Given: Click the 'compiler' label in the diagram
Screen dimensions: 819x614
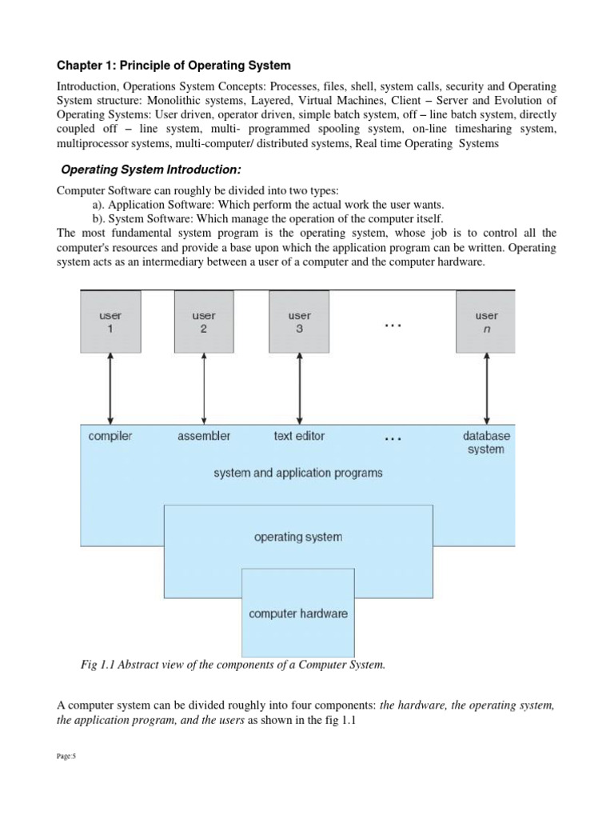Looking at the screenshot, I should tap(110, 436).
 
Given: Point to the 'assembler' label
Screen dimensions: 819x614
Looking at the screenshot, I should tap(204, 436).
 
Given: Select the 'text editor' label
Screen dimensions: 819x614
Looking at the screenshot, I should tap(299, 436).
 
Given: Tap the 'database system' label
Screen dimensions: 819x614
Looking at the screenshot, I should tap(486, 442).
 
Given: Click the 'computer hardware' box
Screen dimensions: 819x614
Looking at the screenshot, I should tap(298, 613).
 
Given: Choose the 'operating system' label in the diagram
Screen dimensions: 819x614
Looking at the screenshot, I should tap(298, 537).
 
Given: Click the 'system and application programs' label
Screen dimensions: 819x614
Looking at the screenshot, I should tap(298, 473).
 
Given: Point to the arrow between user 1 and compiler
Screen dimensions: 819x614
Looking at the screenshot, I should tap(110, 387).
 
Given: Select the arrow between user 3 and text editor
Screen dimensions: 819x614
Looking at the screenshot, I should tap(300, 387).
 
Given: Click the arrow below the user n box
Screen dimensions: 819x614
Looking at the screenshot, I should tap(485, 387).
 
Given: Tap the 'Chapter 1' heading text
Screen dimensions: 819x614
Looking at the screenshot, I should tap(173, 65).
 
